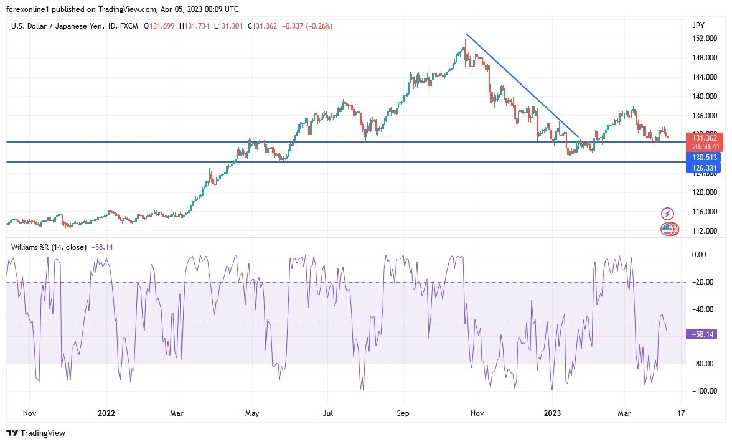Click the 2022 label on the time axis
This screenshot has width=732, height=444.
(106, 412)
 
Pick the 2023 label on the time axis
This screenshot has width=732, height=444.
(553, 412)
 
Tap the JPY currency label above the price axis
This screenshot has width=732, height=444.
(698, 25)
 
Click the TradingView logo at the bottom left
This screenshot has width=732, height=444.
(36, 433)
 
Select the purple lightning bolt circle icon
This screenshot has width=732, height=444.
(667, 214)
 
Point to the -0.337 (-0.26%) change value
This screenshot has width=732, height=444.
(307, 26)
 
